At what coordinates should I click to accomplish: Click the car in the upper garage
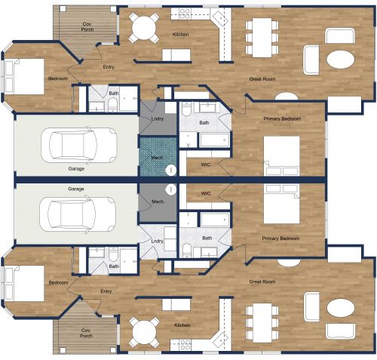(x=78, y=143)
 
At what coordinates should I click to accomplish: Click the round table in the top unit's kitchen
(x=143, y=28)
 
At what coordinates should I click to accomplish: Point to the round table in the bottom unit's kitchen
(x=143, y=329)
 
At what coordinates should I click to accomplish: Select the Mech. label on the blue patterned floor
(x=158, y=157)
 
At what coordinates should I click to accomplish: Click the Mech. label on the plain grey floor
(x=158, y=202)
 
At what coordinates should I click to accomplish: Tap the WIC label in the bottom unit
(x=206, y=193)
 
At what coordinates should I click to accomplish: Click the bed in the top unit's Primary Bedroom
(x=280, y=155)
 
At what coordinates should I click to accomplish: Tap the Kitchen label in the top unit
(x=180, y=35)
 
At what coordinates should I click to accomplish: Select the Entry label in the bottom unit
(x=106, y=290)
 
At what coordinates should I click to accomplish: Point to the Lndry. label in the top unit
(x=158, y=119)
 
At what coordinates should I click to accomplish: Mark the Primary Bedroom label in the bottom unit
(x=280, y=238)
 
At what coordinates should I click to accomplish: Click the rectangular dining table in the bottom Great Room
(x=261, y=320)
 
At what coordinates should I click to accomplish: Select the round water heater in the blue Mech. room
(x=171, y=171)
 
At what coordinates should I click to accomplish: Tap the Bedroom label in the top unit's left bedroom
(x=58, y=78)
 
